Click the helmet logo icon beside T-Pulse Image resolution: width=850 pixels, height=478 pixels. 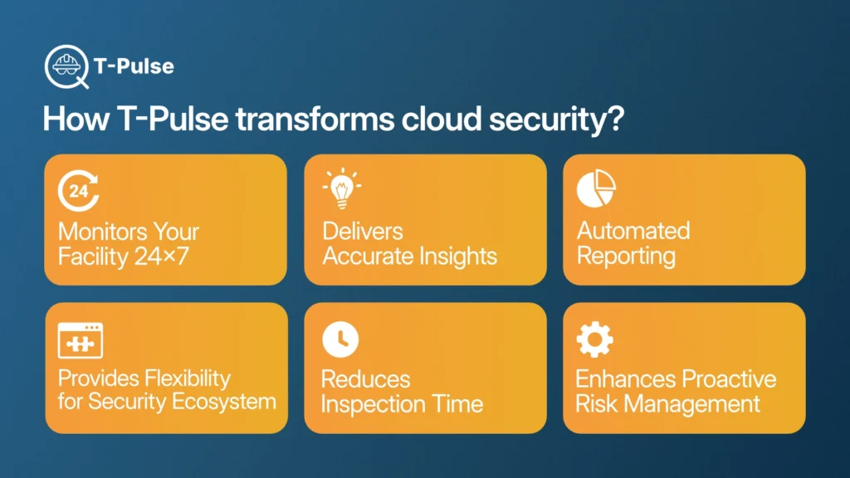pos(66,66)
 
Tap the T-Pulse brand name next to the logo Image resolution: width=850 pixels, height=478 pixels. pos(134,66)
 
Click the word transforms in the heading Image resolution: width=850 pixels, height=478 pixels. pos(315,119)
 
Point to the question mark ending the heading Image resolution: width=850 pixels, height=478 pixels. pos(615,119)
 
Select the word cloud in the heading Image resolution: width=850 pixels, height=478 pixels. pos(442,119)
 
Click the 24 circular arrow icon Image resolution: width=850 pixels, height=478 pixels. pos(79,190)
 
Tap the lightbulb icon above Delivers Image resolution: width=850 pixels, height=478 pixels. pos(341,188)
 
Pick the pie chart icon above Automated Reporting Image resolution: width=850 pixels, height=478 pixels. pos(596,188)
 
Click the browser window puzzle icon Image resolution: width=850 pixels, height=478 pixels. pos(81,340)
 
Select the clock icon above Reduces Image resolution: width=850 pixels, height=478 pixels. pos(340,339)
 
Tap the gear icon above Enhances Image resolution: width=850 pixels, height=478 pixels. pos(594,339)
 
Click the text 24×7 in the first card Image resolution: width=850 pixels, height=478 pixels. pos(162,256)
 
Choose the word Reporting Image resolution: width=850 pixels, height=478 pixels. pos(626,256)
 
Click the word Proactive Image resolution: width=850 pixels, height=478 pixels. pos(728,378)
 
